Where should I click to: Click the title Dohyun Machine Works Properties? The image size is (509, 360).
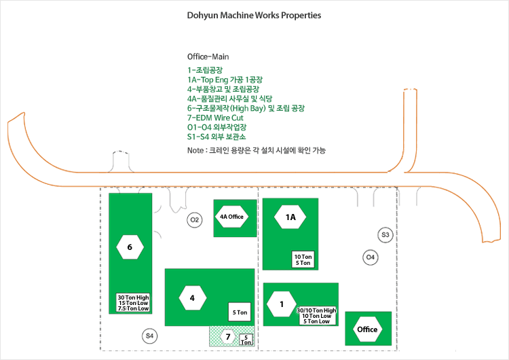click(254, 15)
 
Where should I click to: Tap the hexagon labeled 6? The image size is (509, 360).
click(130, 247)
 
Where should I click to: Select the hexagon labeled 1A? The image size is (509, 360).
click(290, 217)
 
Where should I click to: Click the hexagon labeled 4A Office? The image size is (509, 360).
click(231, 217)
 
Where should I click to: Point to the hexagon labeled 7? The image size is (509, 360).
click(228, 337)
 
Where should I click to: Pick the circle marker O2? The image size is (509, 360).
click(195, 220)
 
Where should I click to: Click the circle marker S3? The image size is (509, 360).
click(385, 234)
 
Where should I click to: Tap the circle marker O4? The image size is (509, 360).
click(371, 257)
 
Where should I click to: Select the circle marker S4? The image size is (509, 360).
click(150, 336)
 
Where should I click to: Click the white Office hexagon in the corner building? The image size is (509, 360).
click(367, 329)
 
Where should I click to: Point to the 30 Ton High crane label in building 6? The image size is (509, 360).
click(133, 298)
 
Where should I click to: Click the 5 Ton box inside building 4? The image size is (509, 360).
click(240, 312)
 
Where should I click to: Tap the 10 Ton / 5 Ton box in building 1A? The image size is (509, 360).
click(303, 259)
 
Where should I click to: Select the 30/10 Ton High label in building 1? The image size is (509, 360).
click(316, 310)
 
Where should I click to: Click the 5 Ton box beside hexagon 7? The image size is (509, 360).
click(246, 340)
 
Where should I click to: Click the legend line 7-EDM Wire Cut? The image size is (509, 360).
click(215, 118)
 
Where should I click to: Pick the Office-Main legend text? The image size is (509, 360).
click(208, 57)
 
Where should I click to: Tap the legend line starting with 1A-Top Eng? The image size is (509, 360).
click(225, 79)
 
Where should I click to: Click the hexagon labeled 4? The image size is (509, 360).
click(193, 298)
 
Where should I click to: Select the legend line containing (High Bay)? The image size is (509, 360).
click(246, 108)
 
